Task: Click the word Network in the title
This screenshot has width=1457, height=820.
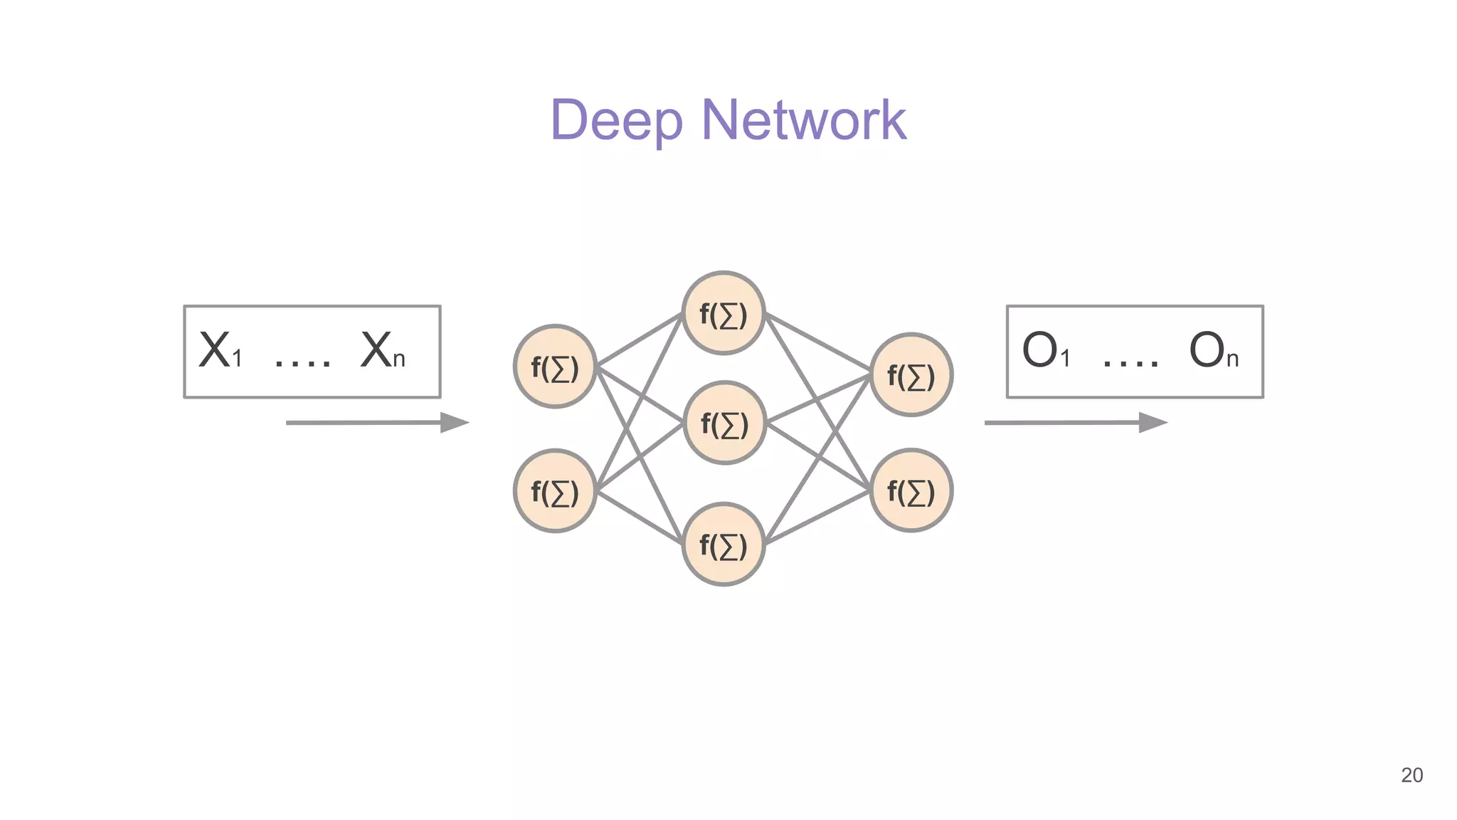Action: pos(803,120)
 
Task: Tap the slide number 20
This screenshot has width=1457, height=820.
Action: pos(1411,775)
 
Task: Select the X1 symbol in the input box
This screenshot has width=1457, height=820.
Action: pos(220,351)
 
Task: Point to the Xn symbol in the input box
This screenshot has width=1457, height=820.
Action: pos(383,351)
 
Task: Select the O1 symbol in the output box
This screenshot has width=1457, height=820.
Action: pos(1045,351)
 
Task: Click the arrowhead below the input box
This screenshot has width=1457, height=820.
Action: pos(454,422)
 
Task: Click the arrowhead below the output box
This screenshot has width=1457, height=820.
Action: pos(1153,422)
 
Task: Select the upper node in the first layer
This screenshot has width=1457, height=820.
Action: pos(555,367)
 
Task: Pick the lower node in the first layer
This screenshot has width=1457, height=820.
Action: pos(555,491)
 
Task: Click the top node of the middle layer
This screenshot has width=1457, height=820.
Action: pos(724,313)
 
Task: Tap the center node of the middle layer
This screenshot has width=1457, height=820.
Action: pos(724,423)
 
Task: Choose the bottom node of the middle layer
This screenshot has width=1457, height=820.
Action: pos(724,545)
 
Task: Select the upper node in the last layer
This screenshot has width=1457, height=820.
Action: pos(911,374)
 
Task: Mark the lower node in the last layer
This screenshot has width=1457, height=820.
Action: pos(911,490)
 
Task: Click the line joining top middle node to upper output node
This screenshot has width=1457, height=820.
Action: pos(818,343)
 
